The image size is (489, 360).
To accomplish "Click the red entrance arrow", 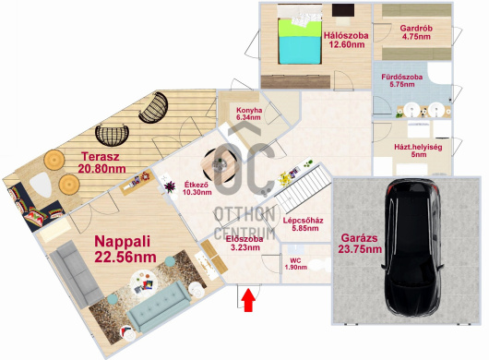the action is click(x=248, y=300).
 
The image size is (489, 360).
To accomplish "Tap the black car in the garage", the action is click(x=412, y=247).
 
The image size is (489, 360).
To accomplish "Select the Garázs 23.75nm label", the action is click(x=360, y=244).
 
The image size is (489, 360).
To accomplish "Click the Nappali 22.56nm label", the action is click(x=125, y=249).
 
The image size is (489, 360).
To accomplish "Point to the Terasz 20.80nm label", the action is click(x=101, y=162).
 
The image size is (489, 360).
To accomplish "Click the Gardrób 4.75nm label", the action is click(x=416, y=32).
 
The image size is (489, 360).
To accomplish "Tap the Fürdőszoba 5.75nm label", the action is click(x=402, y=80).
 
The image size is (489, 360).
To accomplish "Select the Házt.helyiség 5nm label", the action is click(x=418, y=150).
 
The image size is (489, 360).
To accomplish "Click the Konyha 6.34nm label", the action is click(x=249, y=114).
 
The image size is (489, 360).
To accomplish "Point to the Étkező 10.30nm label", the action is click(x=197, y=188).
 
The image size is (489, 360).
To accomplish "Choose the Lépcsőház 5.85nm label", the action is click(x=304, y=224).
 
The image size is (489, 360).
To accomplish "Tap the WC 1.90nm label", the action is click(x=295, y=264).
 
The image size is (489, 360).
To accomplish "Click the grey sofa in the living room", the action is click(x=77, y=274).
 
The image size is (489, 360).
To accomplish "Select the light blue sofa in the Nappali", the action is click(x=159, y=306).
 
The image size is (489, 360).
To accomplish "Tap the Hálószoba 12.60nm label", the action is click(x=346, y=40).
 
